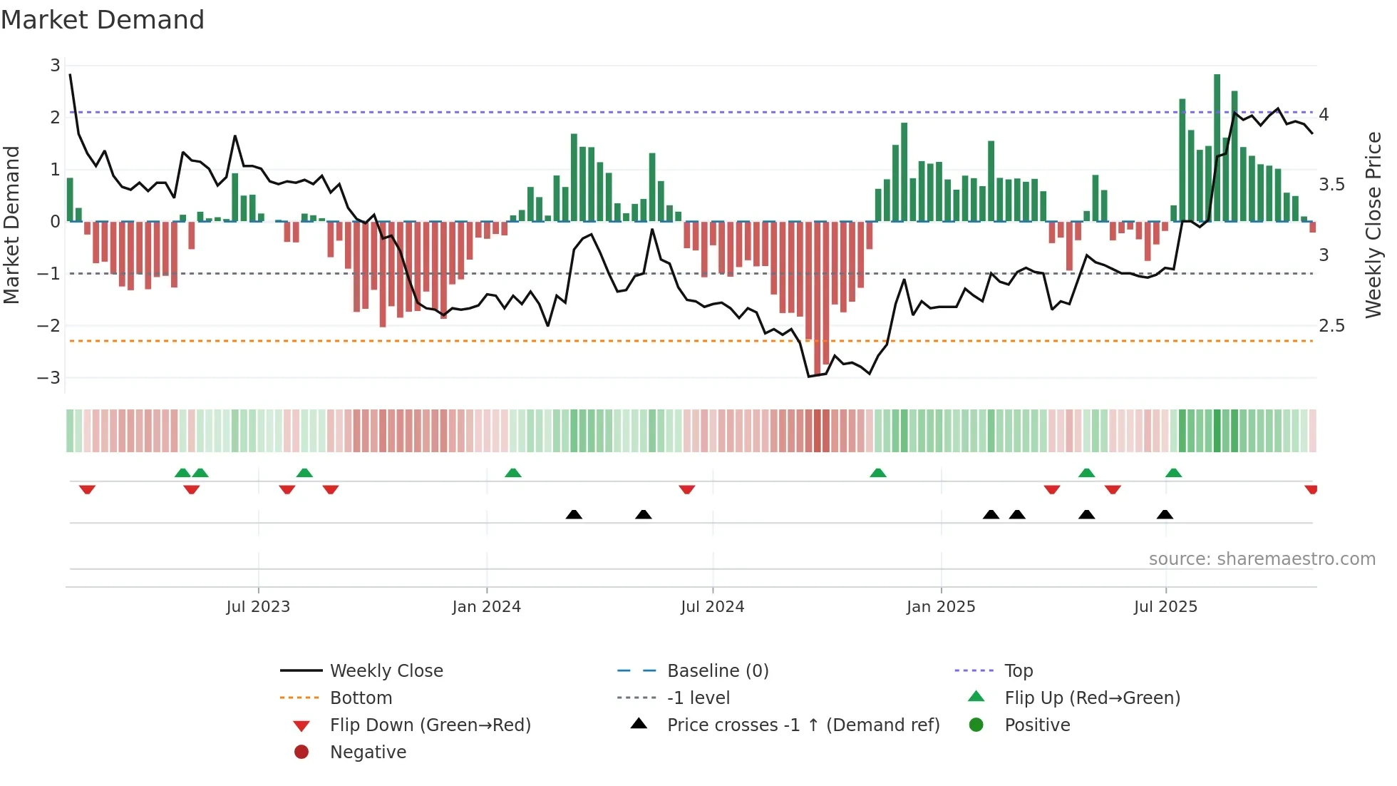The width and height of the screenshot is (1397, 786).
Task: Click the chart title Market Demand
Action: coord(103,20)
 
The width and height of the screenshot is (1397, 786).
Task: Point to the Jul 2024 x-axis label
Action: coord(712,607)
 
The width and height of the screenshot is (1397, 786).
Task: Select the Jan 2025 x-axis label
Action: coord(941,607)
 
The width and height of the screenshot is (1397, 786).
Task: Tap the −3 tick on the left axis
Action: coord(49,377)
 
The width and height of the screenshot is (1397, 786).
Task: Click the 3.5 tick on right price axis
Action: coord(1331,185)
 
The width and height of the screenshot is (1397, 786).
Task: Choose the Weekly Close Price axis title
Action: coord(1373,225)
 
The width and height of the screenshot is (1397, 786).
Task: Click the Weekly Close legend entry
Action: coord(386,671)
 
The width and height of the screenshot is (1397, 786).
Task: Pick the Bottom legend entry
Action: coord(361,698)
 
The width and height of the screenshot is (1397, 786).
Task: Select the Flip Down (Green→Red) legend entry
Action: coord(430,725)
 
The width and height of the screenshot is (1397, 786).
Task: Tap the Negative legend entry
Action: coord(368,752)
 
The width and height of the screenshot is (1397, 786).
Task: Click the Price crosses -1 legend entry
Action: coord(803,725)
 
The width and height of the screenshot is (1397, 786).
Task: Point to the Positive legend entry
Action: coord(1037,725)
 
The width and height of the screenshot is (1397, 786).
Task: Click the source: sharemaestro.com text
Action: coord(1262,559)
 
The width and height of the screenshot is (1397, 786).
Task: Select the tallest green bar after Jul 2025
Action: coord(1217,146)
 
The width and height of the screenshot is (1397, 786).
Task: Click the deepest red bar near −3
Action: coord(817,300)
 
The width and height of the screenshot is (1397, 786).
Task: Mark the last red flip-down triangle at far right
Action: coord(1311,489)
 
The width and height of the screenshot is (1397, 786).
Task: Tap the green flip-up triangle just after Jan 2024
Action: coord(512,473)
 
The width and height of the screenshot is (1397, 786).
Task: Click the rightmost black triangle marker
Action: coord(1165,514)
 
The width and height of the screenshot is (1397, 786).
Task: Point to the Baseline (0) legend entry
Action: coord(717,671)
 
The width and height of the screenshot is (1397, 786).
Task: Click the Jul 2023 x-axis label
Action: coord(258,607)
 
